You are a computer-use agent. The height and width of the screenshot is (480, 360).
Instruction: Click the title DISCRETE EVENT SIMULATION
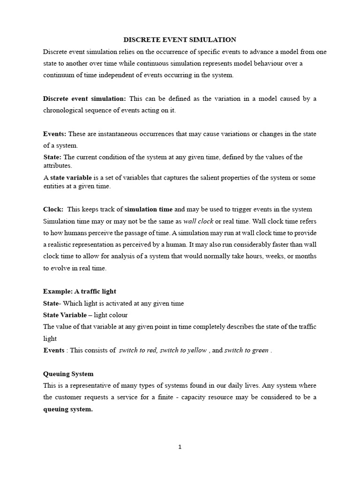coord(180,40)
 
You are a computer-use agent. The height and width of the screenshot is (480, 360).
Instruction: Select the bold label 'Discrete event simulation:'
coord(84,98)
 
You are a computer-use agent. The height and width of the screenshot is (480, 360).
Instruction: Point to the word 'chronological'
coord(63,110)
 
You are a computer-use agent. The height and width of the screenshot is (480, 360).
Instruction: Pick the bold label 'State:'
coord(52,157)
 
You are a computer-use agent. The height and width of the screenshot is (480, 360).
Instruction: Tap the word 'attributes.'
coord(58,166)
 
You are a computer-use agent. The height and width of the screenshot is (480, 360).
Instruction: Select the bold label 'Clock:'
coord(53,209)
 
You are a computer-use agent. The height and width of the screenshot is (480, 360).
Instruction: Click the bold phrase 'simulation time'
coord(148,209)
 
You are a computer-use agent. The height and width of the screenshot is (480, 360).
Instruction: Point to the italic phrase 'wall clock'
coord(198,221)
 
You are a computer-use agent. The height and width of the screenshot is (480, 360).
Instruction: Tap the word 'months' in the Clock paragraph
coord(305,256)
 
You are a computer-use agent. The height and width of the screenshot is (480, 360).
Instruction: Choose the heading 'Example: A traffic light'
coord(79,292)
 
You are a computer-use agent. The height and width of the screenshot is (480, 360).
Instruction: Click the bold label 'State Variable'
coord(65,315)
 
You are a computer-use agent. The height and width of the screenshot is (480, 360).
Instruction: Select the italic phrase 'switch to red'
coord(138,350)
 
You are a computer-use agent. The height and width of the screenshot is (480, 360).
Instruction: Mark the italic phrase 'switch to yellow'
coord(183,350)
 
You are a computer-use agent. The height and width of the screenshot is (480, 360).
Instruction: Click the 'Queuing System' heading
coord(68,374)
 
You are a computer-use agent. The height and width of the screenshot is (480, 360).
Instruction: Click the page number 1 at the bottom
coord(180,447)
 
